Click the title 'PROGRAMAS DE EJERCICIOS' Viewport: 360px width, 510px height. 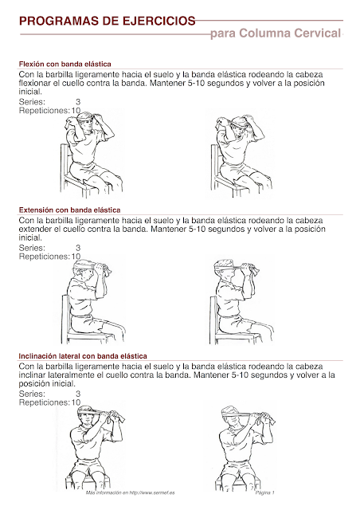[105, 18]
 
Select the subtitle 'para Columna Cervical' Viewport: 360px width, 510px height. [276, 33]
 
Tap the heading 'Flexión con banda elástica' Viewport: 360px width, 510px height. [65, 63]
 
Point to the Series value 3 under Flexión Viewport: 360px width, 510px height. [77, 102]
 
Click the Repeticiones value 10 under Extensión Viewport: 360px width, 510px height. [76, 257]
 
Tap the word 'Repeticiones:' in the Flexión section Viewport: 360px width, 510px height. [44, 111]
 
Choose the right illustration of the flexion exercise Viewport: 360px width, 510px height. [239, 151]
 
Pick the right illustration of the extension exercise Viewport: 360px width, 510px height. [239, 299]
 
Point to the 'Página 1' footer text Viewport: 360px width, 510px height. [264, 494]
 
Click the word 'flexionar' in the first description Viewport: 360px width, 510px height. [35, 83]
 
